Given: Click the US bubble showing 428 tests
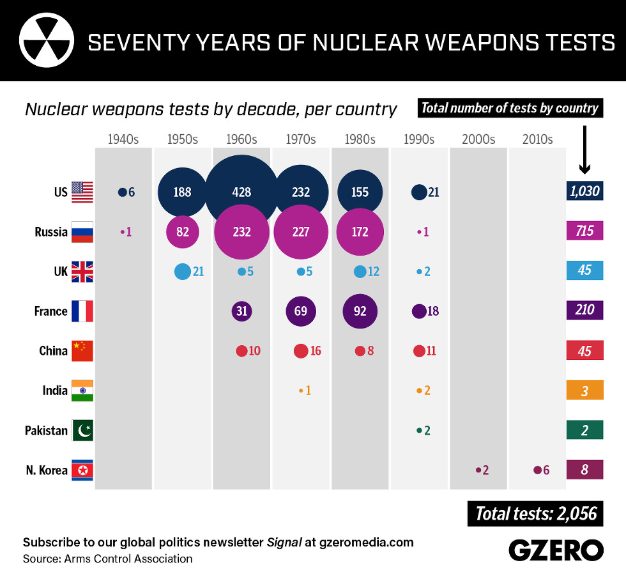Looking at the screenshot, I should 241,192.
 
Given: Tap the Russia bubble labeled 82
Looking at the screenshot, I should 183,231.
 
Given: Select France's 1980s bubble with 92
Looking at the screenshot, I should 360,311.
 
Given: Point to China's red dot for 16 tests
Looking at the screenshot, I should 300,351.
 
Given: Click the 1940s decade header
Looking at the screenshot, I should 123,139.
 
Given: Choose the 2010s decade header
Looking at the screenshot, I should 537,139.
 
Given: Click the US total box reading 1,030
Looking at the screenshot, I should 584,191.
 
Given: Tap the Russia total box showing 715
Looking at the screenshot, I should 584,231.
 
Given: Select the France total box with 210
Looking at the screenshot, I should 584,311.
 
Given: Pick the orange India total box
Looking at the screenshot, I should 584,391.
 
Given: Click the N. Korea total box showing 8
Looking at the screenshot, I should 584,470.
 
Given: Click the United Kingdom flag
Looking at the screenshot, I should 82,272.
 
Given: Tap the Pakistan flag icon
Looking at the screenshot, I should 82,430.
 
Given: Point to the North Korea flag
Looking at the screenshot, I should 82,470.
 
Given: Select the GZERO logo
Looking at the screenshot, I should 556,550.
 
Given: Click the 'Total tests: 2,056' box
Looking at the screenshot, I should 535,513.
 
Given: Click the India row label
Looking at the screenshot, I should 55,391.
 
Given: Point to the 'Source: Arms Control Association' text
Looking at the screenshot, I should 107,559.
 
